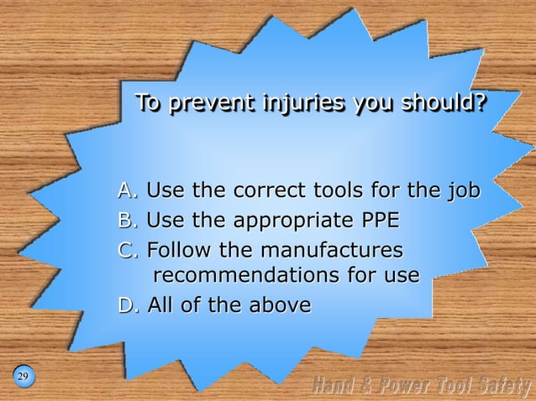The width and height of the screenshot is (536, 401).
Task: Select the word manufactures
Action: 332,250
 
